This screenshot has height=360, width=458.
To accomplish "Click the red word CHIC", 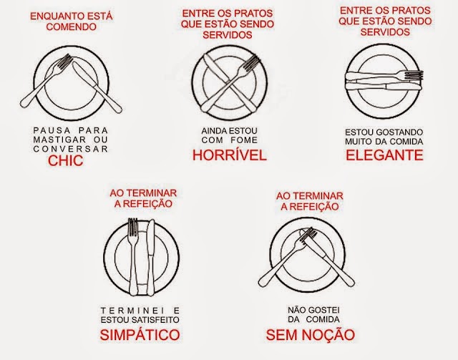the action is pyautogui.click(x=65, y=160).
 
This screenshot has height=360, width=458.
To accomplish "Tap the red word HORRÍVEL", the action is pyautogui.click(x=230, y=155).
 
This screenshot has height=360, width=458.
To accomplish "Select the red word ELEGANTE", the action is pyautogui.click(x=384, y=155).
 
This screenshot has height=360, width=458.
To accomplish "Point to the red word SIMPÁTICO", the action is pyautogui.click(x=140, y=334).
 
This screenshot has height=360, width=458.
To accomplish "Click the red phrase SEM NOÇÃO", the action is pyautogui.click(x=310, y=334).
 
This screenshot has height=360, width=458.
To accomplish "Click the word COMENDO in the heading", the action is pyautogui.click(x=72, y=27).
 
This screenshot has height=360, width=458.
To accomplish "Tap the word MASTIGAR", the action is pyautogui.click(x=59, y=140).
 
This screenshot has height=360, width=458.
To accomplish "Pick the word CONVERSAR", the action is pyautogui.click(x=71, y=149).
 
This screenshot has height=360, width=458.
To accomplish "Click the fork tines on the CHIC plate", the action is pyautogui.click(x=65, y=62).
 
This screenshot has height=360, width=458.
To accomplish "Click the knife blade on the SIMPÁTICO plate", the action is pyautogui.click(x=151, y=238).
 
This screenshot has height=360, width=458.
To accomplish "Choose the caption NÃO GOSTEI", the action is pyautogui.click(x=313, y=310).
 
